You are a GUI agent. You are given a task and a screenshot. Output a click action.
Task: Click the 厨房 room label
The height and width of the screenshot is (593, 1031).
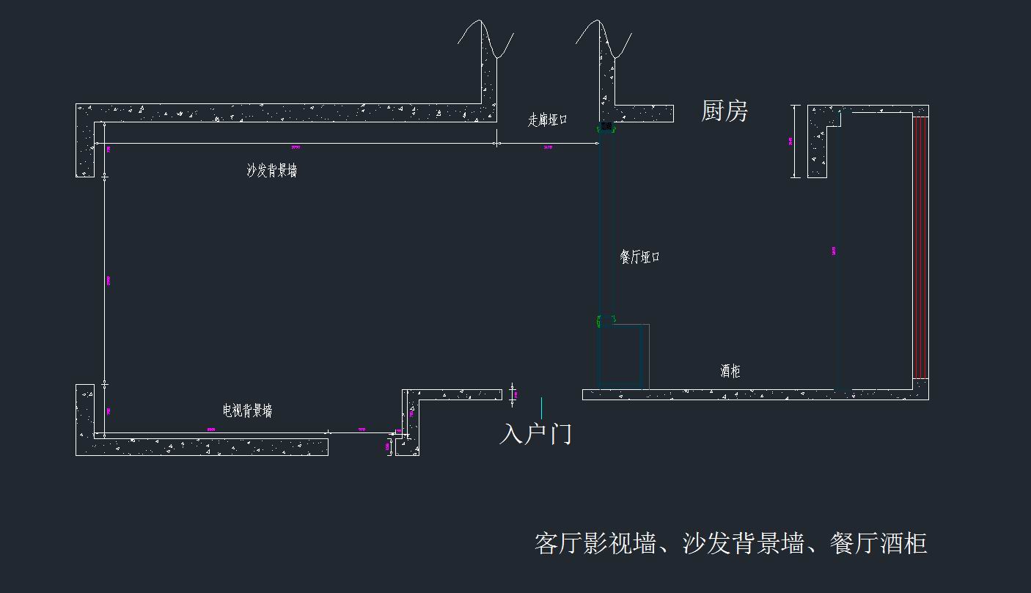tap(724, 111)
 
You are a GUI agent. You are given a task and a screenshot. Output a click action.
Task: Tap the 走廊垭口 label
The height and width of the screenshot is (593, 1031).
tap(547, 119)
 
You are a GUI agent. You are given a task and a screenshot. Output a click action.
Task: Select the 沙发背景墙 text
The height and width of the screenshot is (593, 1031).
tap(272, 171)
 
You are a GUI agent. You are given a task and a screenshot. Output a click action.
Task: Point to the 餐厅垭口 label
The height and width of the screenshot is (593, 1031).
tap(639, 257)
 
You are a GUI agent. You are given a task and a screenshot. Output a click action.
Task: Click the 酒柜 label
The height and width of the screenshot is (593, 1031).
tap(730, 371)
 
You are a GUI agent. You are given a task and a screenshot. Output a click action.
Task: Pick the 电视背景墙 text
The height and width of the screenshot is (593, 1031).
tap(247, 410)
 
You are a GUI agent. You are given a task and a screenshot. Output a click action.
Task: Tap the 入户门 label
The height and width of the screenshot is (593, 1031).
tap(535, 433)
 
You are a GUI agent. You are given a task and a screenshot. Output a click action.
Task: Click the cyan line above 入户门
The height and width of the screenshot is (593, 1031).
tap(541, 408)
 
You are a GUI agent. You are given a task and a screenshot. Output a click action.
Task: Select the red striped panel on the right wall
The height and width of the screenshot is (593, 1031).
tap(920, 247)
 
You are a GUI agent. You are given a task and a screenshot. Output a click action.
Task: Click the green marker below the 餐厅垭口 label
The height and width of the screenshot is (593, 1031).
tap(599, 320)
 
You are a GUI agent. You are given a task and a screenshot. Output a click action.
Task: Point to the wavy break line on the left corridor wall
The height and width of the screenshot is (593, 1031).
tap(485, 40)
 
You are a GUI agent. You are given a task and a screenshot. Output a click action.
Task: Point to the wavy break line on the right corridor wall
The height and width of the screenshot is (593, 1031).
tap(603, 40)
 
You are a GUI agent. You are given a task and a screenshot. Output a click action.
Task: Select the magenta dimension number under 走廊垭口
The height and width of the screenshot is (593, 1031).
tap(548, 147)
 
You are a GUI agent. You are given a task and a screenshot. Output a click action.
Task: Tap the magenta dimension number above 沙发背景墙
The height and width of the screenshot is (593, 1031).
tap(296, 147)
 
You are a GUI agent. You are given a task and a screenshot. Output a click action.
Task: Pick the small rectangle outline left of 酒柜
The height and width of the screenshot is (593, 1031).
tap(624, 356)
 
